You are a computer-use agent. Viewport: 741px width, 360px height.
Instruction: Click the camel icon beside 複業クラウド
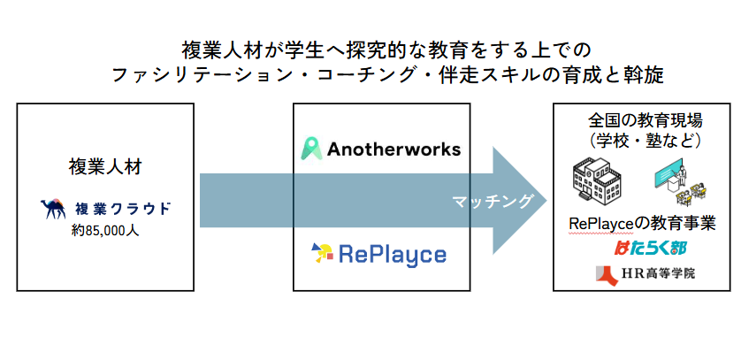54,209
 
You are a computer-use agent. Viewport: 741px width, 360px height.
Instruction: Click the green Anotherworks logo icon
309,148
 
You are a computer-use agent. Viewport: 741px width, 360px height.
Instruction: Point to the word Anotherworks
393,149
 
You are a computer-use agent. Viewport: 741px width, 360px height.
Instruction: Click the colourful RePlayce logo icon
322,253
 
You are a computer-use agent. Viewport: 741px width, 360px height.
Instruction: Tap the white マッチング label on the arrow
493,202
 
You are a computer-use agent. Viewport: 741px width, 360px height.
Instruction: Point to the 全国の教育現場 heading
645,119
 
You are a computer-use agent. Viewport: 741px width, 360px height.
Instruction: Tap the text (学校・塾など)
645,140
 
